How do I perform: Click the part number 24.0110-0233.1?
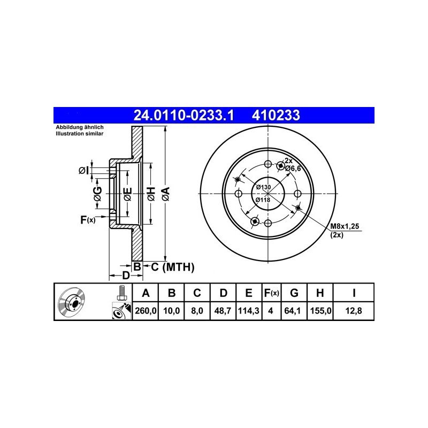(184, 116)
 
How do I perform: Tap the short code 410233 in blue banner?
(276, 116)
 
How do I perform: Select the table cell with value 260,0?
(146, 311)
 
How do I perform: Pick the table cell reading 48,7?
(223, 311)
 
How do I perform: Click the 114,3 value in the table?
(249, 311)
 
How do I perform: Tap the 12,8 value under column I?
(354, 311)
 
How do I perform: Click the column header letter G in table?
(294, 293)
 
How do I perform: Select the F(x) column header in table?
(271, 293)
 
